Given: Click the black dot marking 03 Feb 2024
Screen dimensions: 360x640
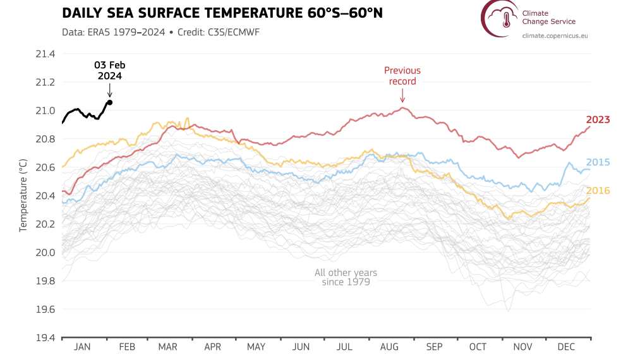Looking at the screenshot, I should (110, 102).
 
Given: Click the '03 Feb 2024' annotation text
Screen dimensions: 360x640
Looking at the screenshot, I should (109, 70).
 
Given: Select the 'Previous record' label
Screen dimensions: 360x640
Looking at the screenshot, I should (402, 76).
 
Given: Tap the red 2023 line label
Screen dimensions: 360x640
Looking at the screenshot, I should (597, 119).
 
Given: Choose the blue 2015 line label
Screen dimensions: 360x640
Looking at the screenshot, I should (597, 162).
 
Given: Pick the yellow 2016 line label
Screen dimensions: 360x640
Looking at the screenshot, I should (597, 191).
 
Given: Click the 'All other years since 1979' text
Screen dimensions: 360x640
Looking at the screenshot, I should (346, 277).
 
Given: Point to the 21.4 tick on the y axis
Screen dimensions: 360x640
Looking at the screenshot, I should (45, 54).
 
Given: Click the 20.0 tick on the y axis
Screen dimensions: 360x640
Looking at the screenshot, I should (45, 253).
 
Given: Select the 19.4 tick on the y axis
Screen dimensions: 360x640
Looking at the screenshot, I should (45, 338).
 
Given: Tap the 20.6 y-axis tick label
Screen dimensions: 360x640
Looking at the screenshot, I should (45, 167).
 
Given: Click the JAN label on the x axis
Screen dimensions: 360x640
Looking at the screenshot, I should (83, 347).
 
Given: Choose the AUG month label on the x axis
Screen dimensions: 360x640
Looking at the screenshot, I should (389, 347).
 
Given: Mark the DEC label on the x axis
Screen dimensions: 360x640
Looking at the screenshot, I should (566, 347).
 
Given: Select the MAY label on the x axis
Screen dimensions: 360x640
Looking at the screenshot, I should (256, 347).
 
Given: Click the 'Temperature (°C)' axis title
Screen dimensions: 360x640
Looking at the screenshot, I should (23, 196).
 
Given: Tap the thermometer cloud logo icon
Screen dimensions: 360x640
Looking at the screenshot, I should (500, 18).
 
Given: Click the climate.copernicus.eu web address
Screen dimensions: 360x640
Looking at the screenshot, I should (555, 35).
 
